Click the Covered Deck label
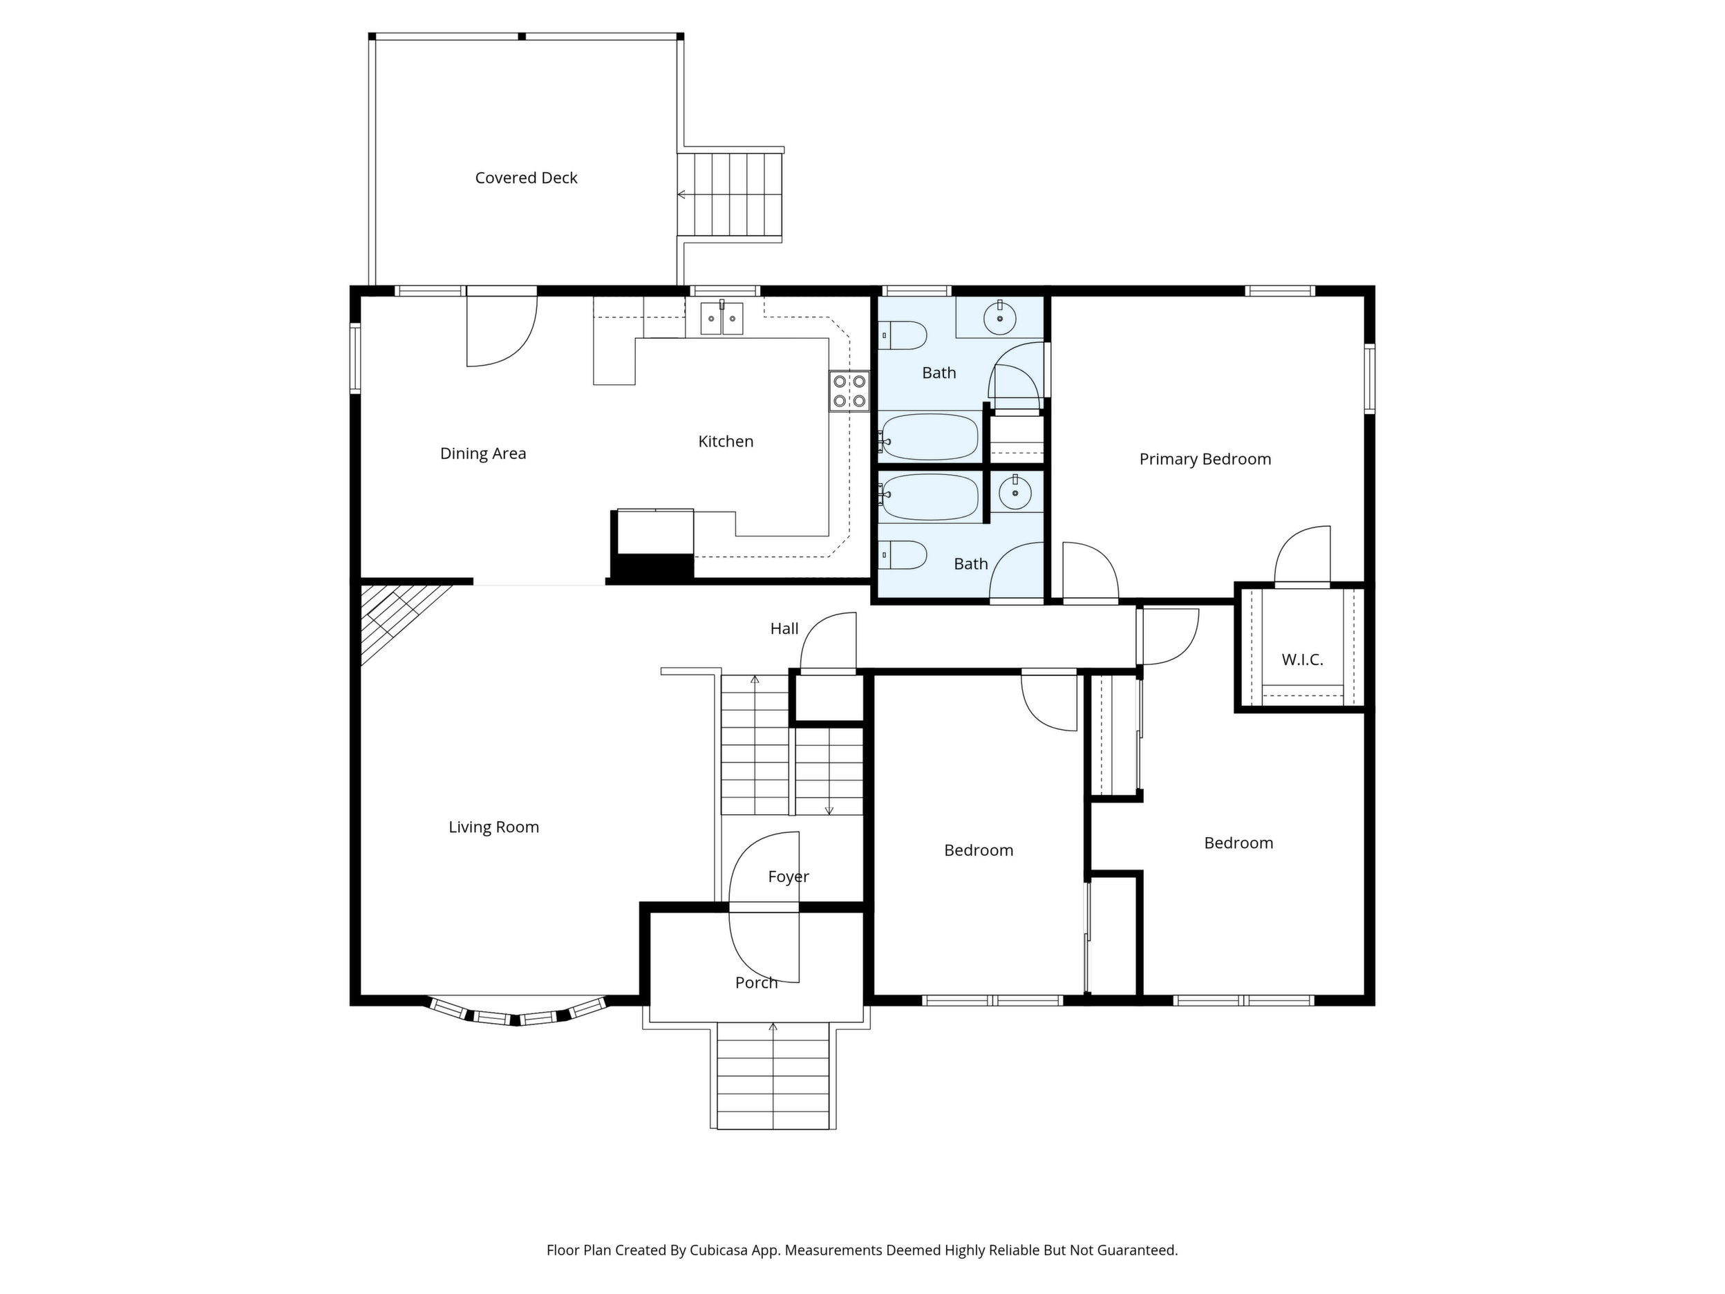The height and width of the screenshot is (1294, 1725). pyautogui.click(x=527, y=178)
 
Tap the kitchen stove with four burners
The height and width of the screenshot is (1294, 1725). pyautogui.click(x=849, y=391)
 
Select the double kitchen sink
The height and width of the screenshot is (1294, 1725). pyautogui.click(x=722, y=317)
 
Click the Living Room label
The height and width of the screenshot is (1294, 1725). pyautogui.click(x=493, y=827)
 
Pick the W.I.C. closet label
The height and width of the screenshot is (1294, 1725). pyautogui.click(x=1302, y=660)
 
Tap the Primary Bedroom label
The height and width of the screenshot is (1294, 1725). pyautogui.click(x=1205, y=460)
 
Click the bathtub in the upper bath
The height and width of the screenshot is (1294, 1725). pyautogui.click(x=929, y=437)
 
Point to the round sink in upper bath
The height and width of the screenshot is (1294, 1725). pyautogui.click(x=1000, y=318)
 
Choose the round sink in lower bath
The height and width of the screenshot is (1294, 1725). pyautogui.click(x=1015, y=493)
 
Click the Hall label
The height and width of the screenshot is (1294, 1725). pyautogui.click(x=784, y=628)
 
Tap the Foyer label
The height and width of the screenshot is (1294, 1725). pyautogui.click(x=789, y=876)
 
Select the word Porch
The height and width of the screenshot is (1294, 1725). pyautogui.click(x=757, y=983)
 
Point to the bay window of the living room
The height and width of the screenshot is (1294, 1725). pyautogui.click(x=516, y=1013)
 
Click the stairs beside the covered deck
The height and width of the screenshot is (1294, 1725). pyautogui.click(x=730, y=194)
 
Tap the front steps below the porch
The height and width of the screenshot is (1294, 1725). pyautogui.click(x=773, y=1076)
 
